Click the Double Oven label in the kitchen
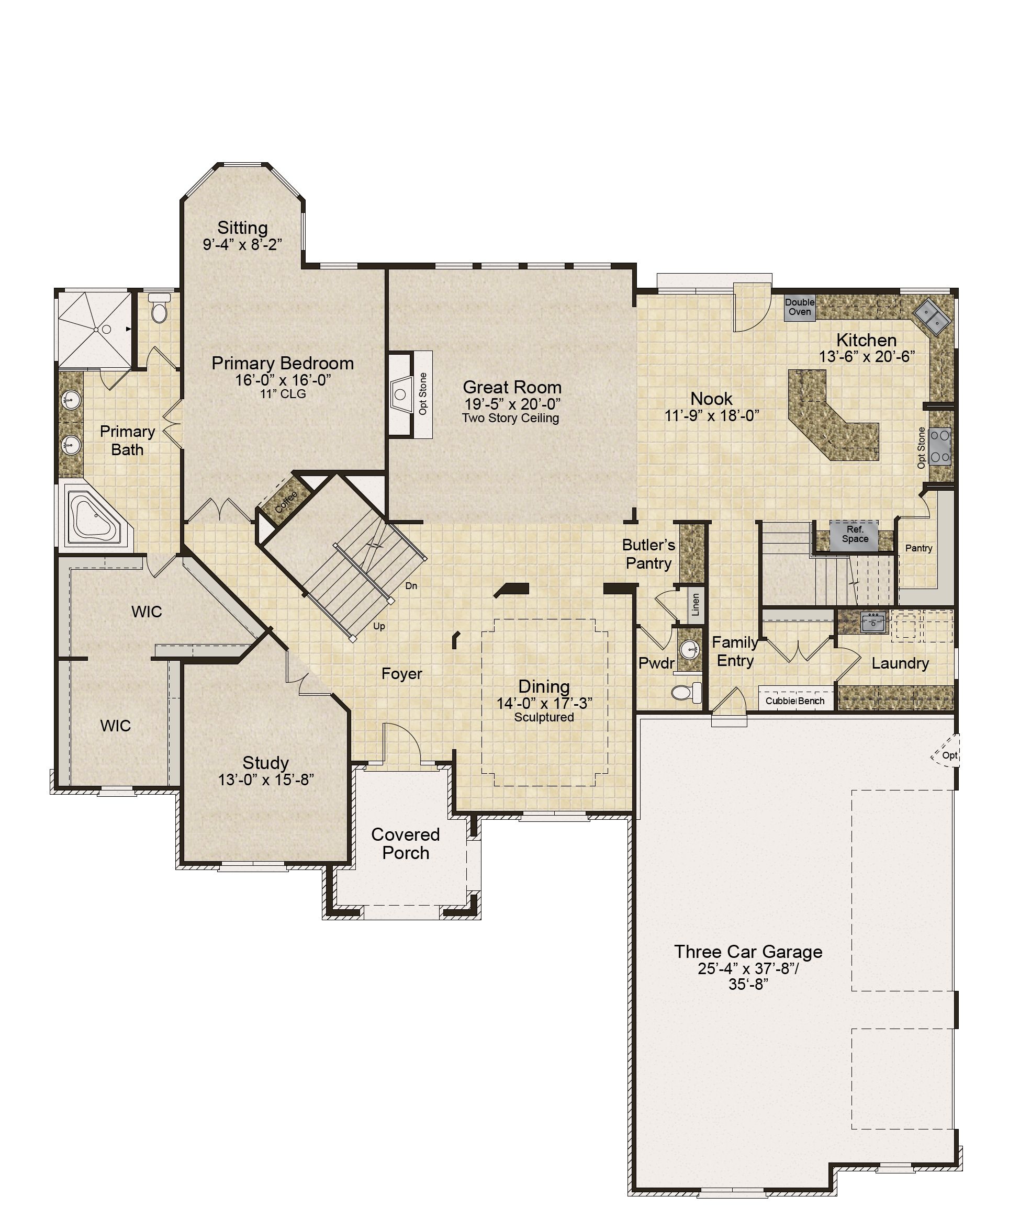[800, 307]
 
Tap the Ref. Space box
[855, 535]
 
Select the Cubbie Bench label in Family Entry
[795, 701]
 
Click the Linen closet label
[696, 604]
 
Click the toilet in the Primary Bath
[159, 308]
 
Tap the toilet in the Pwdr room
[686, 692]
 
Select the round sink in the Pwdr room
[690, 649]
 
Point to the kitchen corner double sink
[933, 317]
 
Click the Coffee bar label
[286, 502]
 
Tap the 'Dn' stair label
[411, 585]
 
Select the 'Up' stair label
[379, 626]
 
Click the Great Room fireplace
[402, 393]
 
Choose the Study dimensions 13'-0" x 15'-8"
[266, 780]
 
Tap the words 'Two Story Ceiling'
[510, 418]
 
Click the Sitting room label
[242, 228]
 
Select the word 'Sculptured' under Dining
[544, 717]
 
